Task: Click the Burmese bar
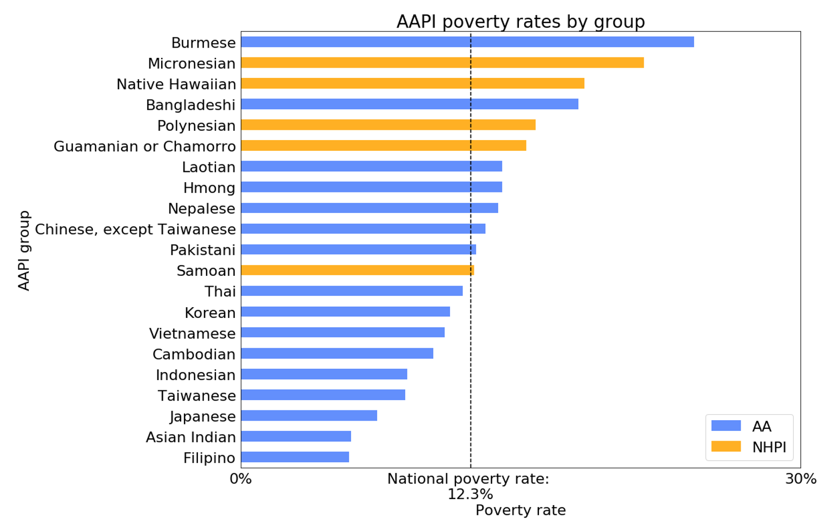(467, 42)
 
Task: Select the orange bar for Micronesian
(442, 63)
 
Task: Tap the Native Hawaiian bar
(412, 83)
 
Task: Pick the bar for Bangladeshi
(410, 104)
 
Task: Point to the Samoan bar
(357, 270)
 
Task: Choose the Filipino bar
(295, 457)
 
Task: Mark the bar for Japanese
(309, 416)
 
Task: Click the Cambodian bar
(337, 354)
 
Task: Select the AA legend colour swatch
(726, 426)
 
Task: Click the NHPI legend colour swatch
(726, 447)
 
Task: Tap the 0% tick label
(241, 479)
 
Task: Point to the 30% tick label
(801, 479)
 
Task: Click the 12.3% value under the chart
(470, 494)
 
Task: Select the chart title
(520, 22)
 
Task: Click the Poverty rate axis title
(520, 510)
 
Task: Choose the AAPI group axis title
(24, 250)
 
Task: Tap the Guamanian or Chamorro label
(144, 147)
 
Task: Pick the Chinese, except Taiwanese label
(135, 230)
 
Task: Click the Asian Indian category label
(190, 437)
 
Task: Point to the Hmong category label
(209, 188)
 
